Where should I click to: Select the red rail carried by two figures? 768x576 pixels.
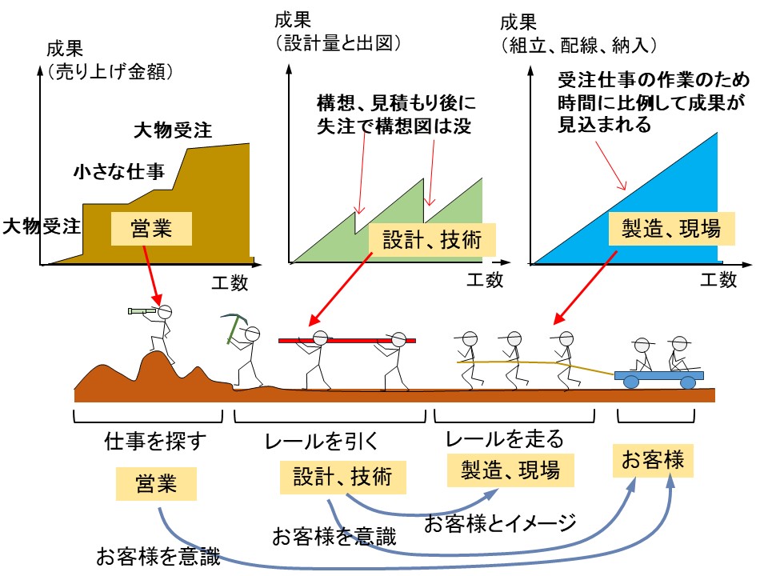[347, 341]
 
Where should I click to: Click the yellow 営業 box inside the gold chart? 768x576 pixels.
[152, 229]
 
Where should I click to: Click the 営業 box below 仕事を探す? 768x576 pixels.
[155, 484]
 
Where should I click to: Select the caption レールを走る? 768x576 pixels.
[505, 438]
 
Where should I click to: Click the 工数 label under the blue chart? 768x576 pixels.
[718, 280]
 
